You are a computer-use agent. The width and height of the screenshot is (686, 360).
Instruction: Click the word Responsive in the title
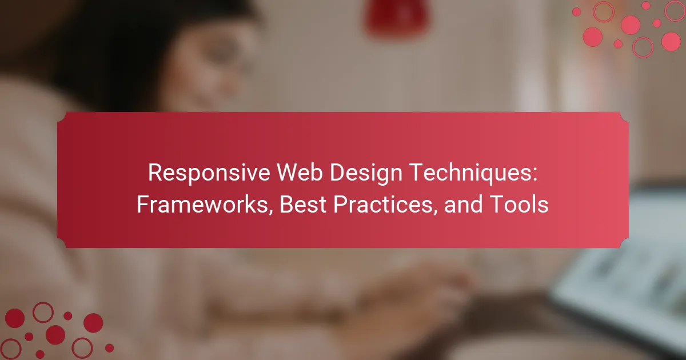(x=209, y=173)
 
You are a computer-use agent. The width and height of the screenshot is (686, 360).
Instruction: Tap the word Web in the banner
(x=300, y=173)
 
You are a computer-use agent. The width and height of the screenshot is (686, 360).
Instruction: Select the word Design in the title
(x=366, y=174)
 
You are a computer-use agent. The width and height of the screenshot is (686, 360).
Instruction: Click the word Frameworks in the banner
(x=202, y=204)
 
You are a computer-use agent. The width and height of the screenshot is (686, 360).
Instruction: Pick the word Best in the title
(x=303, y=204)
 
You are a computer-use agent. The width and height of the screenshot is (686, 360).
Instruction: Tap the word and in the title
(x=463, y=204)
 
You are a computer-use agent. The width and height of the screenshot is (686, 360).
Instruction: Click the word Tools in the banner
(x=519, y=204)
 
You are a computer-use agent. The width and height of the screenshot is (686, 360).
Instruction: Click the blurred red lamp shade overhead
(x=397, y=16)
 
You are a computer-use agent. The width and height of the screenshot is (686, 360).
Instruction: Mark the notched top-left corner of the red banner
(x=62, y=117)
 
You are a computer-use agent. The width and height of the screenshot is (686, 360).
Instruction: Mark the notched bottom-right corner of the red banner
(x=624, y=243)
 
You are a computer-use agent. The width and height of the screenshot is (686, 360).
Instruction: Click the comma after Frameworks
(x=271, y=212)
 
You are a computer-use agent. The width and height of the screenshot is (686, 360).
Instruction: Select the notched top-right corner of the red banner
(x=624, y=117)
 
